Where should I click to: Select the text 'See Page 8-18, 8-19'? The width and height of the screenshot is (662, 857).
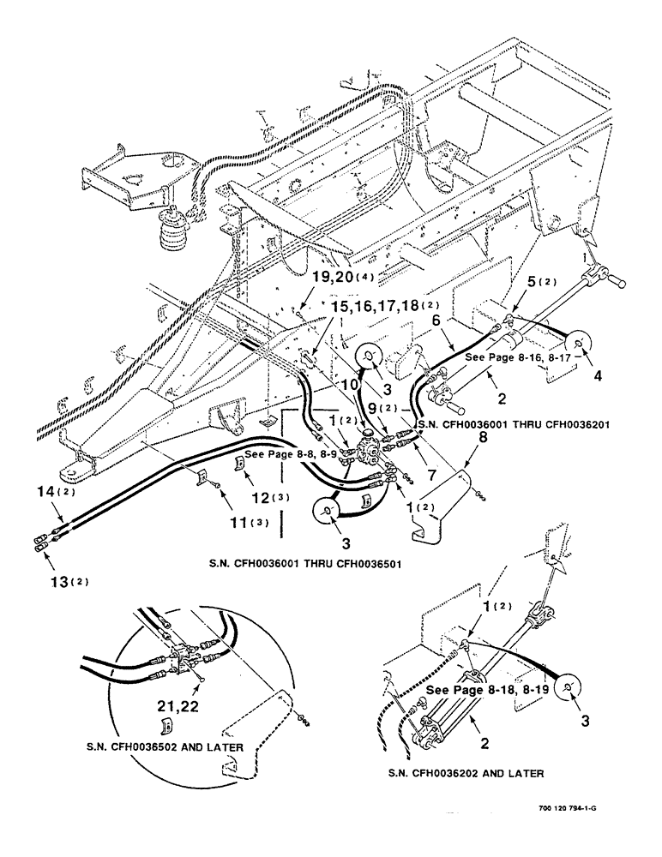pos(487,689)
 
